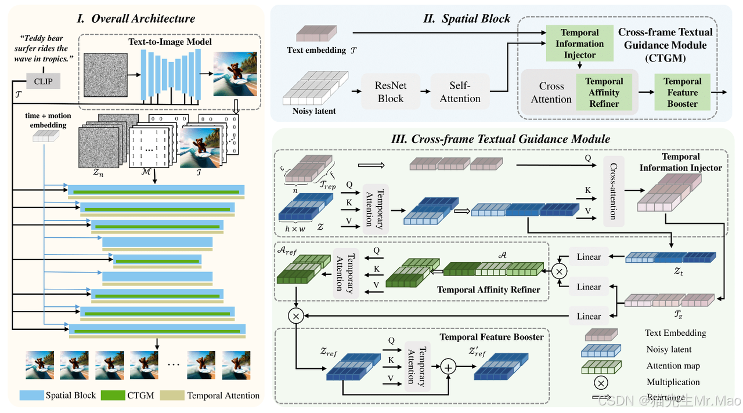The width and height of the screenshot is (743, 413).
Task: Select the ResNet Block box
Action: pos(391,92)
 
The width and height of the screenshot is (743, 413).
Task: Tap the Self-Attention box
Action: pos(460,92)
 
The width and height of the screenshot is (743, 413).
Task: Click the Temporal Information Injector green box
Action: pos(579,44)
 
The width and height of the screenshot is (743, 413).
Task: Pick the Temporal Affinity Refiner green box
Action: pos(604,93)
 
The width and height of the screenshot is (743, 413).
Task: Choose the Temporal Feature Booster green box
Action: pos(682,93)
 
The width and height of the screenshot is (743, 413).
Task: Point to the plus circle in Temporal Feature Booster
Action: pos(448,367)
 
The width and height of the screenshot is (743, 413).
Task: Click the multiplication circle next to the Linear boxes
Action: pos(560,271)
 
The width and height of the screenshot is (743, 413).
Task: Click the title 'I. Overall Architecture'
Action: pos(136,19)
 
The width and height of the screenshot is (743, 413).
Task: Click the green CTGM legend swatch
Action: pos(121,396)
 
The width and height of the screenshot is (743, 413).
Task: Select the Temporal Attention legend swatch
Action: pos(172,396)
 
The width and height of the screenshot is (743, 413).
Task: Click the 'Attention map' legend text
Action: pos(673,366)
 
